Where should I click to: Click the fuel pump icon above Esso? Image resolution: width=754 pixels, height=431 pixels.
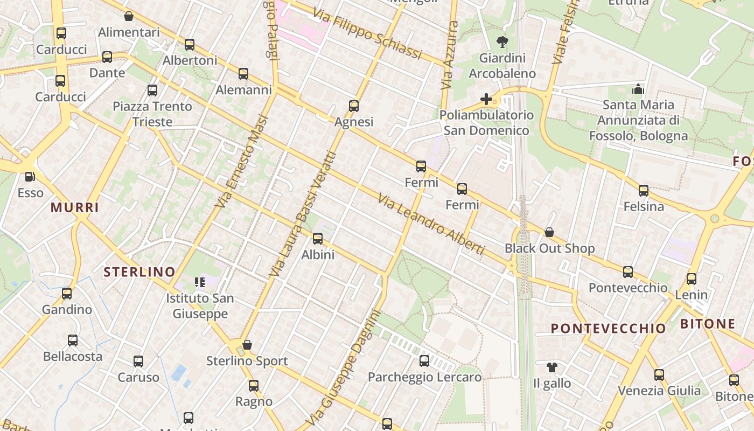30,177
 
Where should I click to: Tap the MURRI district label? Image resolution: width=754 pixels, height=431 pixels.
75,207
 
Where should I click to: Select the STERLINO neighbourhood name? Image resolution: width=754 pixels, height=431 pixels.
139,272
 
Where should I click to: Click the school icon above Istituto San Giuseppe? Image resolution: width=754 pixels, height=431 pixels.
200,282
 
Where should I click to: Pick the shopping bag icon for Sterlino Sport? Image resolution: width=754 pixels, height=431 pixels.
247,345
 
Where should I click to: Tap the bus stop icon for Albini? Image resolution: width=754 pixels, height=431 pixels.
318,239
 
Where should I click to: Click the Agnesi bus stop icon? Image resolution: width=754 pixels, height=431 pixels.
354,106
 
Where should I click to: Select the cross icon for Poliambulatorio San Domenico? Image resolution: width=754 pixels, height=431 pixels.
486,99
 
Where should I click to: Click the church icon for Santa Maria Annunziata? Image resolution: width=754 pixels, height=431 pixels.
638,89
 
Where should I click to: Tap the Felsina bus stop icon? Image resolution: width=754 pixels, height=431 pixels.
644,190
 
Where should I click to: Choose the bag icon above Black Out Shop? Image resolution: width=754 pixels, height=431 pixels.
549,232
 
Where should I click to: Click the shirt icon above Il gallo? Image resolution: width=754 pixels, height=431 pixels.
552,367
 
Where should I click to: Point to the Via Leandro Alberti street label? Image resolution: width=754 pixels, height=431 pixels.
431,224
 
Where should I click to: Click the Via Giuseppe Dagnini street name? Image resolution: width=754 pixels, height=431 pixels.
346,366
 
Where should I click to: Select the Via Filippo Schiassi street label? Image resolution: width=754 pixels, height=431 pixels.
367,35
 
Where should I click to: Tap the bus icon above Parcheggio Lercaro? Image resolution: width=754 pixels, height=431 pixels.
424,361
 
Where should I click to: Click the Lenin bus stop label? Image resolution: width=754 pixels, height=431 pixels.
692,295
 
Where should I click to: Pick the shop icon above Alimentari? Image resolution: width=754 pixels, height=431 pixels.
129,16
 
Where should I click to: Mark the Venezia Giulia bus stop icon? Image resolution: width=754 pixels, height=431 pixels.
659,375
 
